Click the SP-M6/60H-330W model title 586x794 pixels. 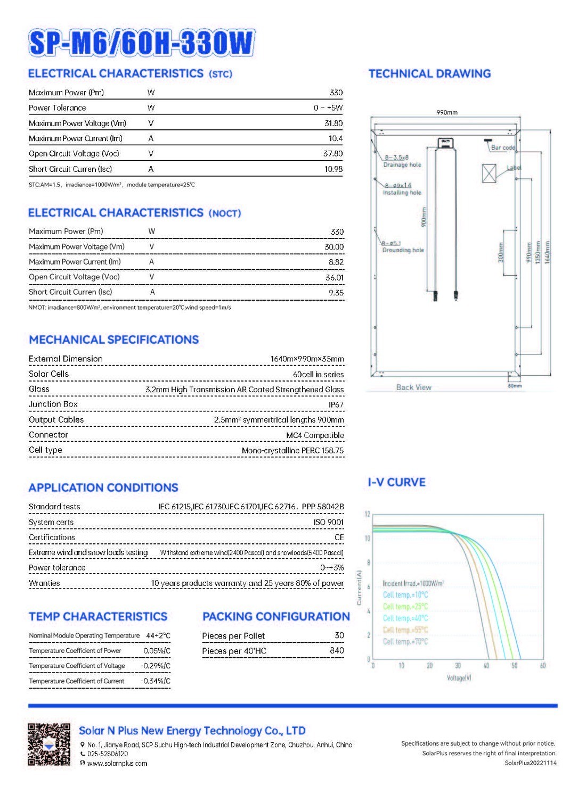tap(142, 43)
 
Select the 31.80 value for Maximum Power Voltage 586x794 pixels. tap(333, 123)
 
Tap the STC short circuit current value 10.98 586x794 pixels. tap(333, 169)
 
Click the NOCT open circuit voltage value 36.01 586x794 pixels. tap(335, 277)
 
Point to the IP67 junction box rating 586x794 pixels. tap(336, 405)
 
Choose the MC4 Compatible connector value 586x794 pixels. tap(315, 435)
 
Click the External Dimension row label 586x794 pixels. tap(66, 359)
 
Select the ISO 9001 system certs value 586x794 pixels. tap(329, 522)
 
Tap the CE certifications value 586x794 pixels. tap(339, 537)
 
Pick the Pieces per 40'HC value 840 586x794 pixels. tap(337, 650)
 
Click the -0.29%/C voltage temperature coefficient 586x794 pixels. tap(156, 666)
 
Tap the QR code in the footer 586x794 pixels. tap(49, 744)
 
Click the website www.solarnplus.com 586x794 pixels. tap(117, 763)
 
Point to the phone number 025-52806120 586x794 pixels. tap(108, 754)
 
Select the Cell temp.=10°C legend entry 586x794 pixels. tap(405, 595)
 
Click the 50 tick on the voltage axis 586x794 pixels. tap(514, 666)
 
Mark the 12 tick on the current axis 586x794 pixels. tap(367, 514)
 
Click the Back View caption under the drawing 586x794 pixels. tap(413, 387)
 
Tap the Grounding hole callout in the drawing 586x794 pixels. tap(403, 250)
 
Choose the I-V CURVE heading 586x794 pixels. tap(397, 483)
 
